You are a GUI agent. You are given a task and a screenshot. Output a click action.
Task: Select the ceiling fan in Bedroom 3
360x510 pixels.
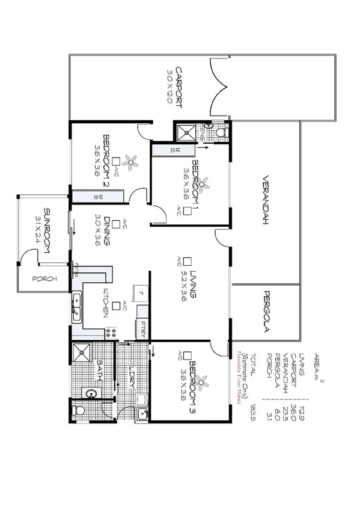click(205, 380)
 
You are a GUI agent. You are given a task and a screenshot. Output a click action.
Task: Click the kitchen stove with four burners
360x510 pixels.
click(111, 331)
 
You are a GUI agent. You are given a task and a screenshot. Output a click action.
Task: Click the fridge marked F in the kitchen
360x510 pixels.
click(140, 293)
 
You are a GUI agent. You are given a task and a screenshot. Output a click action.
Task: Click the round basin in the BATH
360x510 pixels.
click(90, 395)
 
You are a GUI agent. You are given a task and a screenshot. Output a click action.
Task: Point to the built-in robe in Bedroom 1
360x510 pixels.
click(175, 150)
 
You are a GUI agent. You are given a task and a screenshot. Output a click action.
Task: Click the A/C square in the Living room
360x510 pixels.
click(187, 261)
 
